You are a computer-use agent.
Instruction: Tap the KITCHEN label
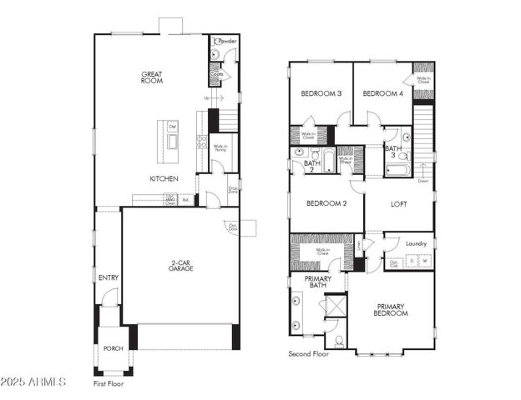pyautogui.click(x=163, y=178)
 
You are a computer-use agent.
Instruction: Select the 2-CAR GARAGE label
pyautogui.click(x=180, y=267)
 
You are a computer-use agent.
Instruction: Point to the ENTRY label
pyautogui.click(x=108, y=277)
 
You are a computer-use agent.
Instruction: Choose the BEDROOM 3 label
pyautogui.click(x=321, y=93)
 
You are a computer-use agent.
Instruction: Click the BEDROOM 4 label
pyautogui.click(x=382, y=93)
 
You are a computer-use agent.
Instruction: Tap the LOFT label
pyautogui.click(x=398, y=203)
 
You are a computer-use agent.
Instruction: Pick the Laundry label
pyautogui.click(x=416, y=243)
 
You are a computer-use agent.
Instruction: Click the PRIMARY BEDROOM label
pyautogui.click(x=391, y=309)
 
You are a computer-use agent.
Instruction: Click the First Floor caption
pyautogui.click(x=110, y=384)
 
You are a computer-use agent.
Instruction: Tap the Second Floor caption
pyautogui.click(x=308, y=354)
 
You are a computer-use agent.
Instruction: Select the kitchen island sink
pyautogui.click(x=173, y=141)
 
